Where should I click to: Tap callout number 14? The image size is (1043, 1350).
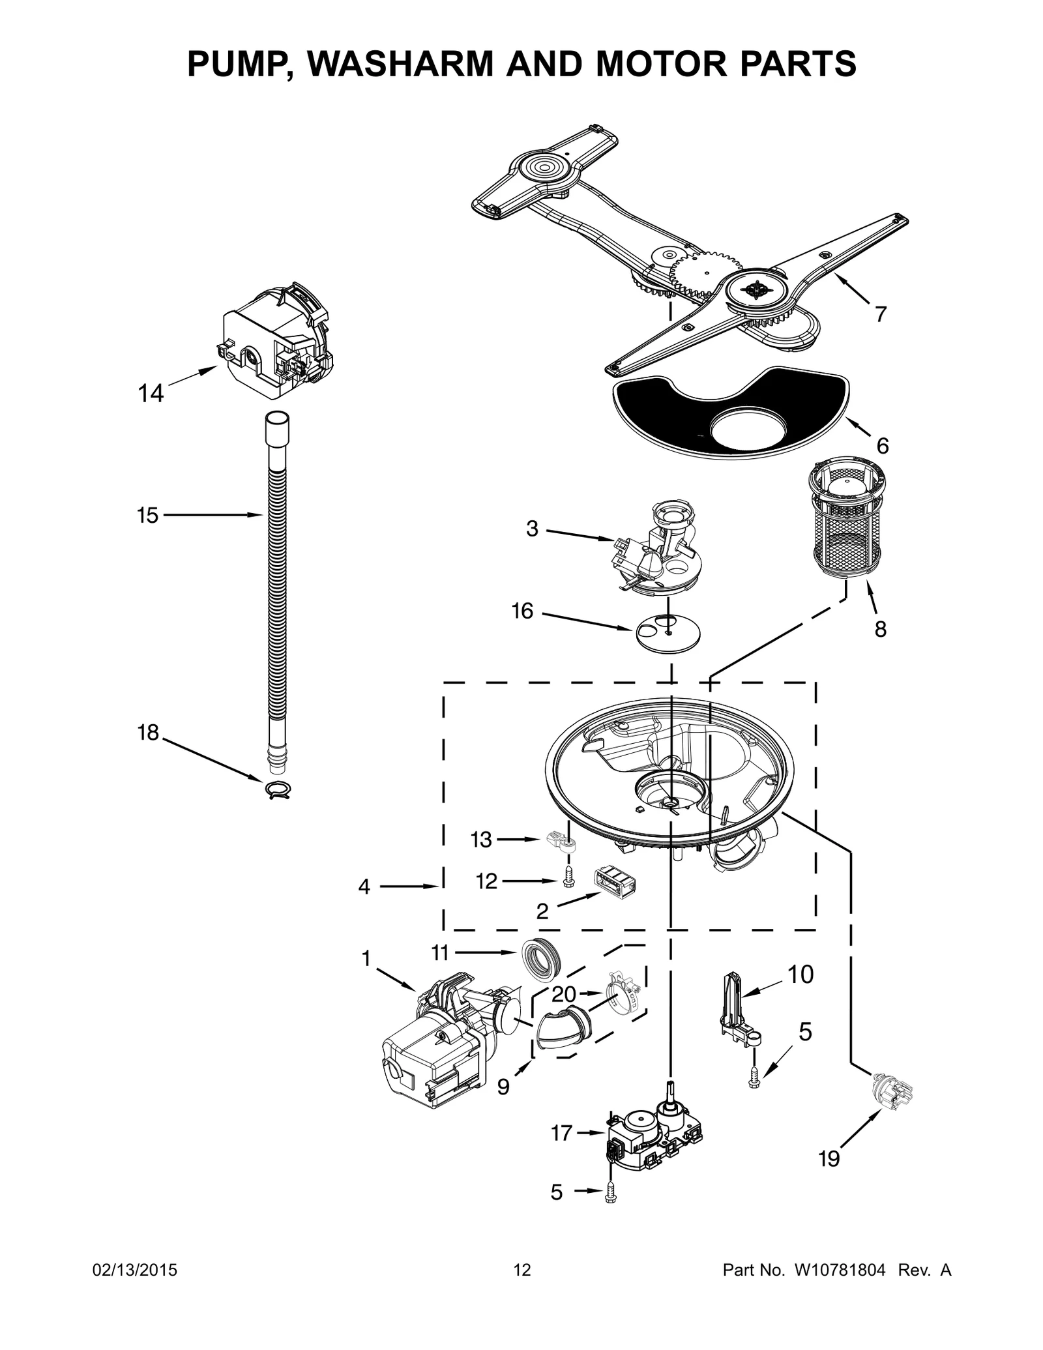[151, 394]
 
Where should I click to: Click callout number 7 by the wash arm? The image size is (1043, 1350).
[880, 314]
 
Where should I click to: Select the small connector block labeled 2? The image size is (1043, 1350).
[614, 881]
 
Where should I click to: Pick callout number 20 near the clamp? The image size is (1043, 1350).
[564, 993]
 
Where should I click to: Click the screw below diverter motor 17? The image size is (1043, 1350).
[610, 1192]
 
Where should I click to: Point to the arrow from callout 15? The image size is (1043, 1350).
[215, 515]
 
